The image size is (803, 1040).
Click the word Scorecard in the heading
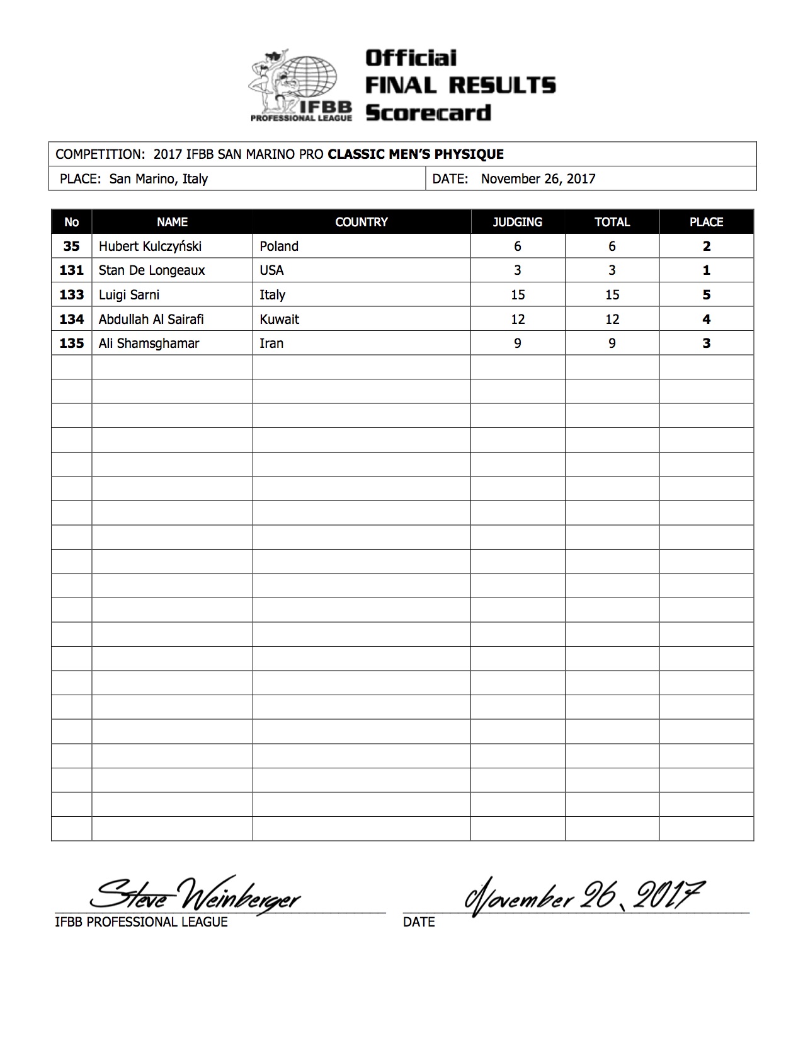[x=428, y=113]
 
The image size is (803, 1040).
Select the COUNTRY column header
[x=362, y=222]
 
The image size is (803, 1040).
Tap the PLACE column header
[x=706, y=222]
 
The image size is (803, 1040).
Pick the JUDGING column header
[x=517, y=222]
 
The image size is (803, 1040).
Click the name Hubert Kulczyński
[x=150, y=246]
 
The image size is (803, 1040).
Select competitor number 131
[x=71, y=270]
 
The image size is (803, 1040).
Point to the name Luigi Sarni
[x=129, y=295]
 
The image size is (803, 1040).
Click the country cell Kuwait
[x=279, y=319]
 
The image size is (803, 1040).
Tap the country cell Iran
[x=271, y=344]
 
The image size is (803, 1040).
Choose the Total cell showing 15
[x=612, y=295]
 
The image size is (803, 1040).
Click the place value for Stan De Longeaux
[x=706, y=270]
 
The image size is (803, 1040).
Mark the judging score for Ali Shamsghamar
[x=517, y=344]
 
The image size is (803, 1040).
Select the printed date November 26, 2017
[x=538, y=178]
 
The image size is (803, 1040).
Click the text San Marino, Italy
[x=158, y=178]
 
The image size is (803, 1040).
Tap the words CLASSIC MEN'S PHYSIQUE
[x=416, y=154]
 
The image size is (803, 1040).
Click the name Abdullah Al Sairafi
[x=151, y=319]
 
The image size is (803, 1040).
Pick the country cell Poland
[x=279, y=246]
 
